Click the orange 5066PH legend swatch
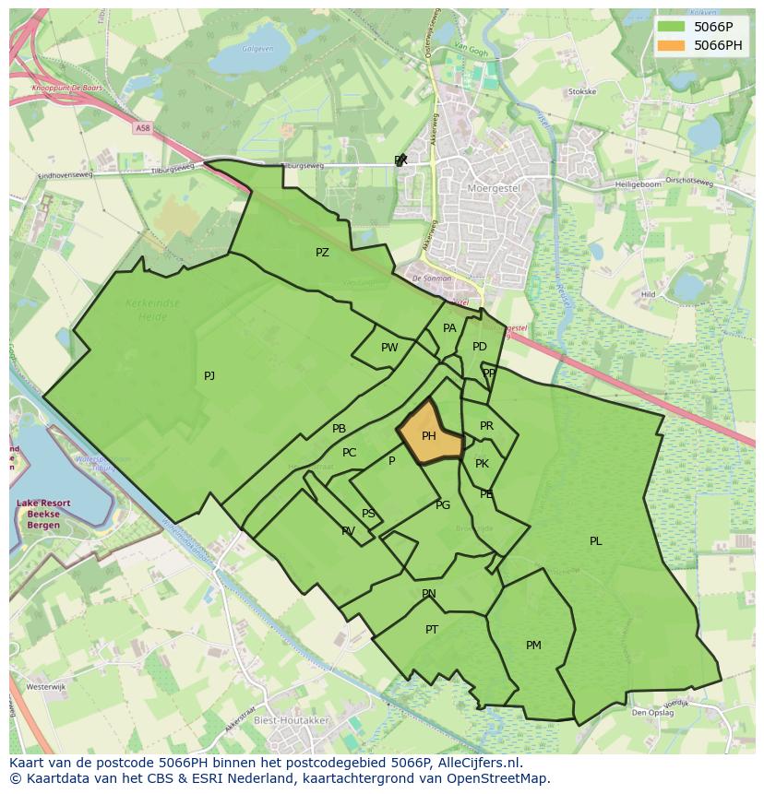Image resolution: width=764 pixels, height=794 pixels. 672,45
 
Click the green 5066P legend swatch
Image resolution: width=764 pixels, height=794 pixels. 672,27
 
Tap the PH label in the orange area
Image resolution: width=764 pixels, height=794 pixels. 429,436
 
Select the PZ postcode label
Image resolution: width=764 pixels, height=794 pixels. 322,253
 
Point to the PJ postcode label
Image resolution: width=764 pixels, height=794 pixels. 209,375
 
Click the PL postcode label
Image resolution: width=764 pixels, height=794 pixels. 596,541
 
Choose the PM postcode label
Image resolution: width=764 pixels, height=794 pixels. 533,646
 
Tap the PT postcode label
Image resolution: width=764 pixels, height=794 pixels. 432,630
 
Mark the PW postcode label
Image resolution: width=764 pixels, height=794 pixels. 389,348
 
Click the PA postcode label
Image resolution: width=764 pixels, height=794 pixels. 449,328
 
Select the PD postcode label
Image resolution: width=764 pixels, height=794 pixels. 480,347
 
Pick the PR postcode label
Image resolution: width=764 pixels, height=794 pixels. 486,426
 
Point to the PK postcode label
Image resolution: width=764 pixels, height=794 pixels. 482,464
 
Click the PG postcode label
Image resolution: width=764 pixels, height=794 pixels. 443,505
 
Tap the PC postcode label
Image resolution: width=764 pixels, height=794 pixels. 349,453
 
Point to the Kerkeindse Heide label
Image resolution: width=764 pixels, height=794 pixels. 153,309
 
